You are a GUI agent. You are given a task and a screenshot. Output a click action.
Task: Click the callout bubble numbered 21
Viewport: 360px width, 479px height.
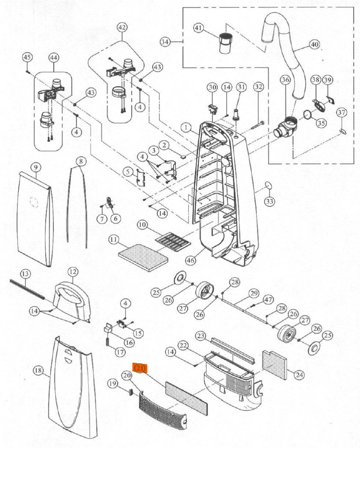tap(140, 368)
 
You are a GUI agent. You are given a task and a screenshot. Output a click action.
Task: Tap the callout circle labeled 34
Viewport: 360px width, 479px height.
tap(165, 42)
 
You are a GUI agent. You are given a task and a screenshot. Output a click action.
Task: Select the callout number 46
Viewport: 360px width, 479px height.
tap(191, 260)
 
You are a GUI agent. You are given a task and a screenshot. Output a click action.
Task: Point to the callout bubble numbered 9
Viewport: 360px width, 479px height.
tap(35, 167)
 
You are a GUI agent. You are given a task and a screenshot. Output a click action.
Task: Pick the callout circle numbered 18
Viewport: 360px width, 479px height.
tap(38, 370)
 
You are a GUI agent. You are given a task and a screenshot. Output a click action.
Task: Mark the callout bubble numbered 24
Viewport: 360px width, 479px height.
tap(299, 375)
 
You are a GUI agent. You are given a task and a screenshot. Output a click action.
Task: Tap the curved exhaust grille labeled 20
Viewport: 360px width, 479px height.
tap(160, 412)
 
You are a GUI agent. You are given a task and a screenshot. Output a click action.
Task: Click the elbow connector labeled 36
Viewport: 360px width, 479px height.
tap(284, 127)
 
